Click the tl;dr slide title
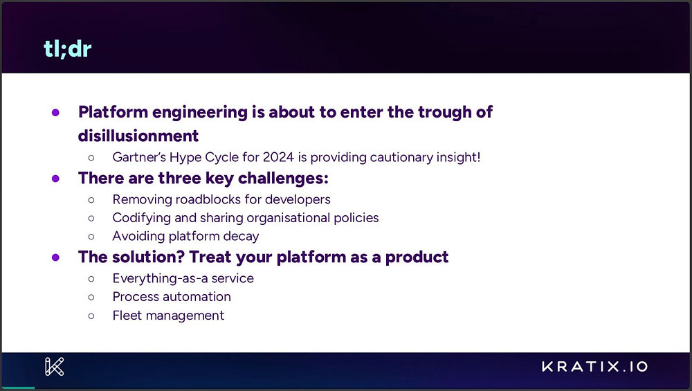pyautogui.click(x=68, y=48)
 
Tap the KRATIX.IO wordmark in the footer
pyautogui.click(x=595, y=366)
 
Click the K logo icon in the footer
pyautogui.click(x=54, y=366)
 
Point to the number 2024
pyautogui.click(x=278, y=157)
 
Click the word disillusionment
pyautogui.click(x=138, y=136)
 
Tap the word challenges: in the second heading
pyautogui.click(x=283, y=179)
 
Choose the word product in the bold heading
pyautogui.click(x=417, y=257)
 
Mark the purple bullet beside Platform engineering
pyautogui.click(x=55, y=113)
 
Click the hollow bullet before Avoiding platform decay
pyautogui.click(x=91, y=237)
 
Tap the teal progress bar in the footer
pyautogui.click(x=18, y=388)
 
